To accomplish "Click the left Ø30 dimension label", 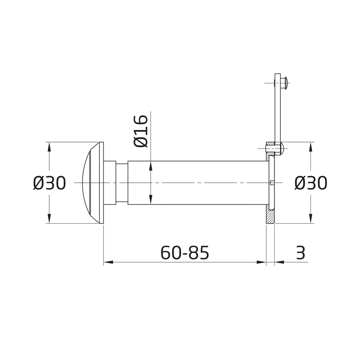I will tap(50, 183).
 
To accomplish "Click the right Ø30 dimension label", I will tap(310, 183).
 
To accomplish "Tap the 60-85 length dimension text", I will tap(185, 252).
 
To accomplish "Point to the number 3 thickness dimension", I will tap(300, 252).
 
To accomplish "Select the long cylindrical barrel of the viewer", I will tap(197, 183).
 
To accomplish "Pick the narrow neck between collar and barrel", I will tap(122, 183).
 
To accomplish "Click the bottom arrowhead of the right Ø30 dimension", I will tap(310, 219).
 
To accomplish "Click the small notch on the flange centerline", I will tap(273, 182).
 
